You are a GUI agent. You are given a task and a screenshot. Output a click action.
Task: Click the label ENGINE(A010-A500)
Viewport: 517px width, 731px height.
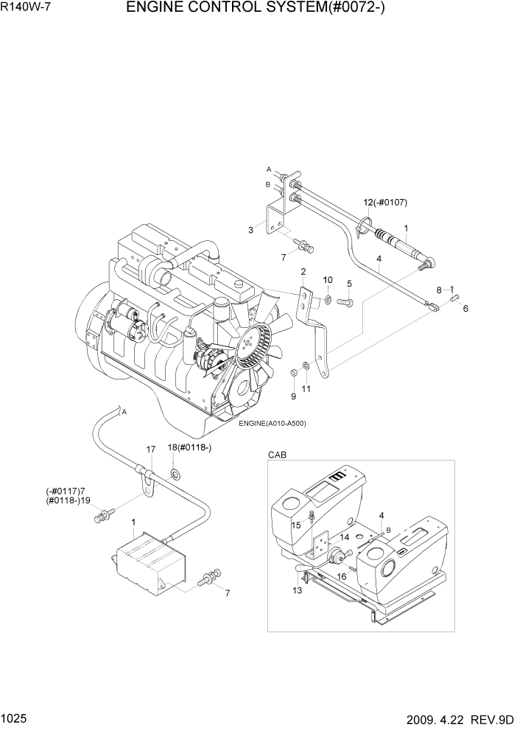(272, 423)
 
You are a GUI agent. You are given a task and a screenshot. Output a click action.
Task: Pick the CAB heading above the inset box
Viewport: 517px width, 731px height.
(277, 456)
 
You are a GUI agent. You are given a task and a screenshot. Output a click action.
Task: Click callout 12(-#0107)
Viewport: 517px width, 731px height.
(385, 203)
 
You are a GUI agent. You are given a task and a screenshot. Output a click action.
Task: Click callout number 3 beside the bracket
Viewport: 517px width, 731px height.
(250, 231)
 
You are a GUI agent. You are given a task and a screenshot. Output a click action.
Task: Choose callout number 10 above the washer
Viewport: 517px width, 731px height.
(328, 279)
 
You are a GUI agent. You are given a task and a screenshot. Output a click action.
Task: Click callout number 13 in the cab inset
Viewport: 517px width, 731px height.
(297, 590)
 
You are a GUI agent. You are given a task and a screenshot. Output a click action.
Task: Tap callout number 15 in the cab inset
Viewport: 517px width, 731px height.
(295, 525)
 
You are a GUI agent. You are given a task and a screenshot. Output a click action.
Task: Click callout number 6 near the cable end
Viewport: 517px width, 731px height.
(465, 308)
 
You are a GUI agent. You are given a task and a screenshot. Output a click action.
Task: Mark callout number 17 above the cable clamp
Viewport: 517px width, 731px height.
(150, 449)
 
